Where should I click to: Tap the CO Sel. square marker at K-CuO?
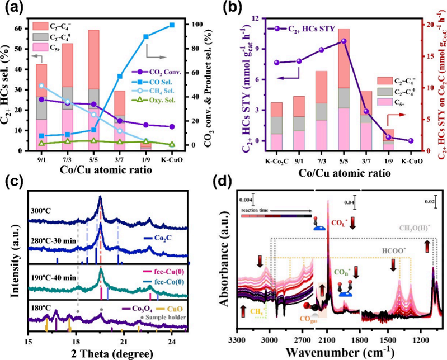(x=172, y=25)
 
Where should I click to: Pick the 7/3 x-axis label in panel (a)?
(x=67, y=159)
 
